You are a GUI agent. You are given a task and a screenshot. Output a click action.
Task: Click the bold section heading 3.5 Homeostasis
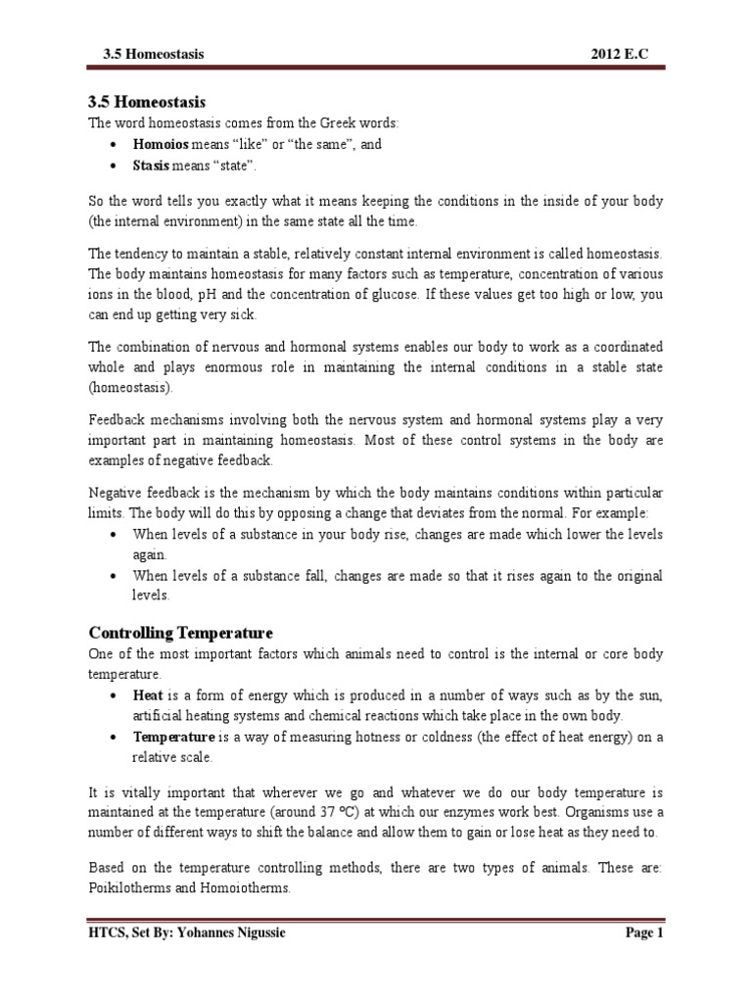point(146,102)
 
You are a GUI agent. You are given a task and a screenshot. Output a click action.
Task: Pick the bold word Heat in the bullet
point(148,694)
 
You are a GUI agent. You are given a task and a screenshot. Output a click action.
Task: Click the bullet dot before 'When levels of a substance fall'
point(117,576)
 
